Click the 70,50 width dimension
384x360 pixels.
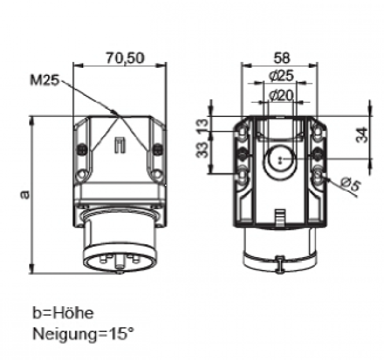(124, 58)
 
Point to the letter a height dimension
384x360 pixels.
(24, 193)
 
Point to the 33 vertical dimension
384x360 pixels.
(203, 152)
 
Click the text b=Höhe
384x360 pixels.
(63, 314)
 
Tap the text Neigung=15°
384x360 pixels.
(84, 333)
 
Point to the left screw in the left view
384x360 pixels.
(81, 150)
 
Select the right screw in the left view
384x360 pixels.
(157, 150)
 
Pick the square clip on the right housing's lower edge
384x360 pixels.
(279, 217)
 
